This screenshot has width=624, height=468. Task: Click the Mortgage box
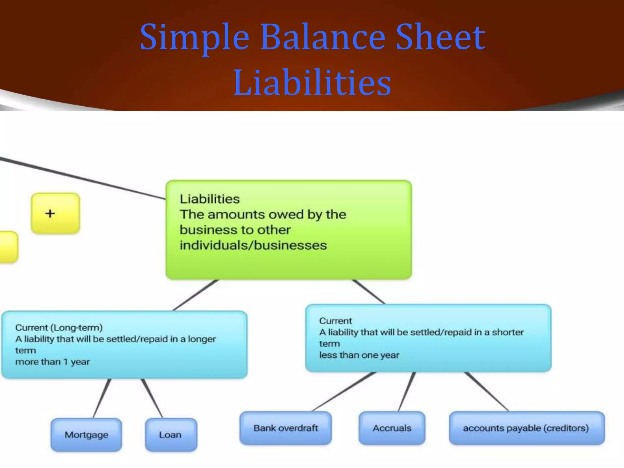point(86,434)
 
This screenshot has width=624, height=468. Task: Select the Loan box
point(171,434)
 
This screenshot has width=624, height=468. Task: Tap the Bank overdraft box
point(285,428)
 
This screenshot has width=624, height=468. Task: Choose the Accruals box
point(392,428)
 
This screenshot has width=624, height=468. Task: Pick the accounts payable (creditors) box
point(526,428)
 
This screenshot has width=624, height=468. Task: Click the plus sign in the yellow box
point(50,213)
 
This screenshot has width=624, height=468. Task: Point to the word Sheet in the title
point(440,37)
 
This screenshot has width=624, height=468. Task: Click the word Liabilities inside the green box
point(210,199)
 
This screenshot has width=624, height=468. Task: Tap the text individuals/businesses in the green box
point(253,245)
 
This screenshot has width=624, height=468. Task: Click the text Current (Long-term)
point(59,328)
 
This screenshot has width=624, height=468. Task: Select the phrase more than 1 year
point(52,362)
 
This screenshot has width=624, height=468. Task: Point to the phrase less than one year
point(359,355)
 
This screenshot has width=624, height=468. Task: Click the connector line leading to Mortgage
point(102,398)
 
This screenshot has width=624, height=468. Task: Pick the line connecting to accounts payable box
point(487,392)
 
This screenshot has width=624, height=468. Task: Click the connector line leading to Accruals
point(407,392)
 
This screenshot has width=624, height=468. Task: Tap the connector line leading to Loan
point(152,398)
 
